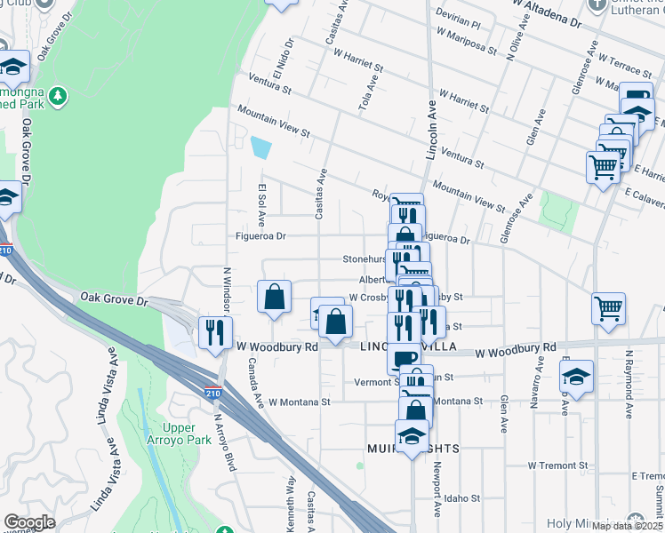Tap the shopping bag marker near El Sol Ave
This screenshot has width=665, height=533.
click(275, 298)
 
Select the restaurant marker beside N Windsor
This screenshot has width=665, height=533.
click(214, 334)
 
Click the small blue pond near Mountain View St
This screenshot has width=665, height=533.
click(260, 147)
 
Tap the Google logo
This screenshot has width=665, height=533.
click(29, 522)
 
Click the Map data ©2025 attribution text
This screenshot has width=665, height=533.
click(625, 526)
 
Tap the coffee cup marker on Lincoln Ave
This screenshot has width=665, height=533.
click(404, 357)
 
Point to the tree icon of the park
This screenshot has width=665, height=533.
click(58, 94)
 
